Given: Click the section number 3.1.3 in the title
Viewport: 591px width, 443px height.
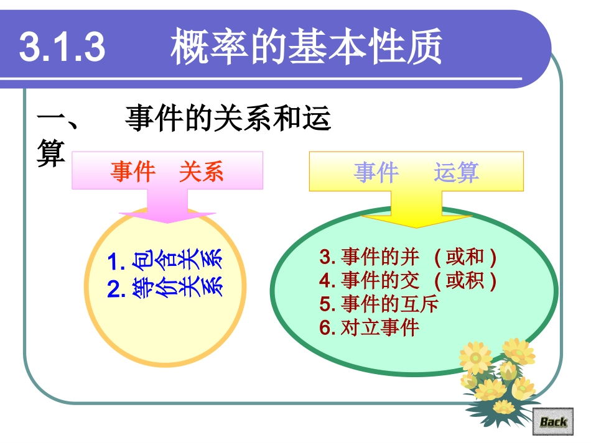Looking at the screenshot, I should [62, 47].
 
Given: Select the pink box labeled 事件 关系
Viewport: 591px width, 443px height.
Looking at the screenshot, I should [167, 171].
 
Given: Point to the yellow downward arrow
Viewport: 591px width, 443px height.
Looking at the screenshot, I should [416, 211].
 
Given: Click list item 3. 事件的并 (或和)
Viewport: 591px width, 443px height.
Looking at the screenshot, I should [408, 257].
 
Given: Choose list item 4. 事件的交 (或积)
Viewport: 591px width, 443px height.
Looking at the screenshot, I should [408, 281].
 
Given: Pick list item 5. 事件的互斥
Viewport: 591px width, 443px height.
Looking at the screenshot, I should [379, 304].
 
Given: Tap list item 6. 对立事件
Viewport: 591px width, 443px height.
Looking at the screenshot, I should [370, 327].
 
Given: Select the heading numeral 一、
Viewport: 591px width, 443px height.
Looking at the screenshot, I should [57, 119].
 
